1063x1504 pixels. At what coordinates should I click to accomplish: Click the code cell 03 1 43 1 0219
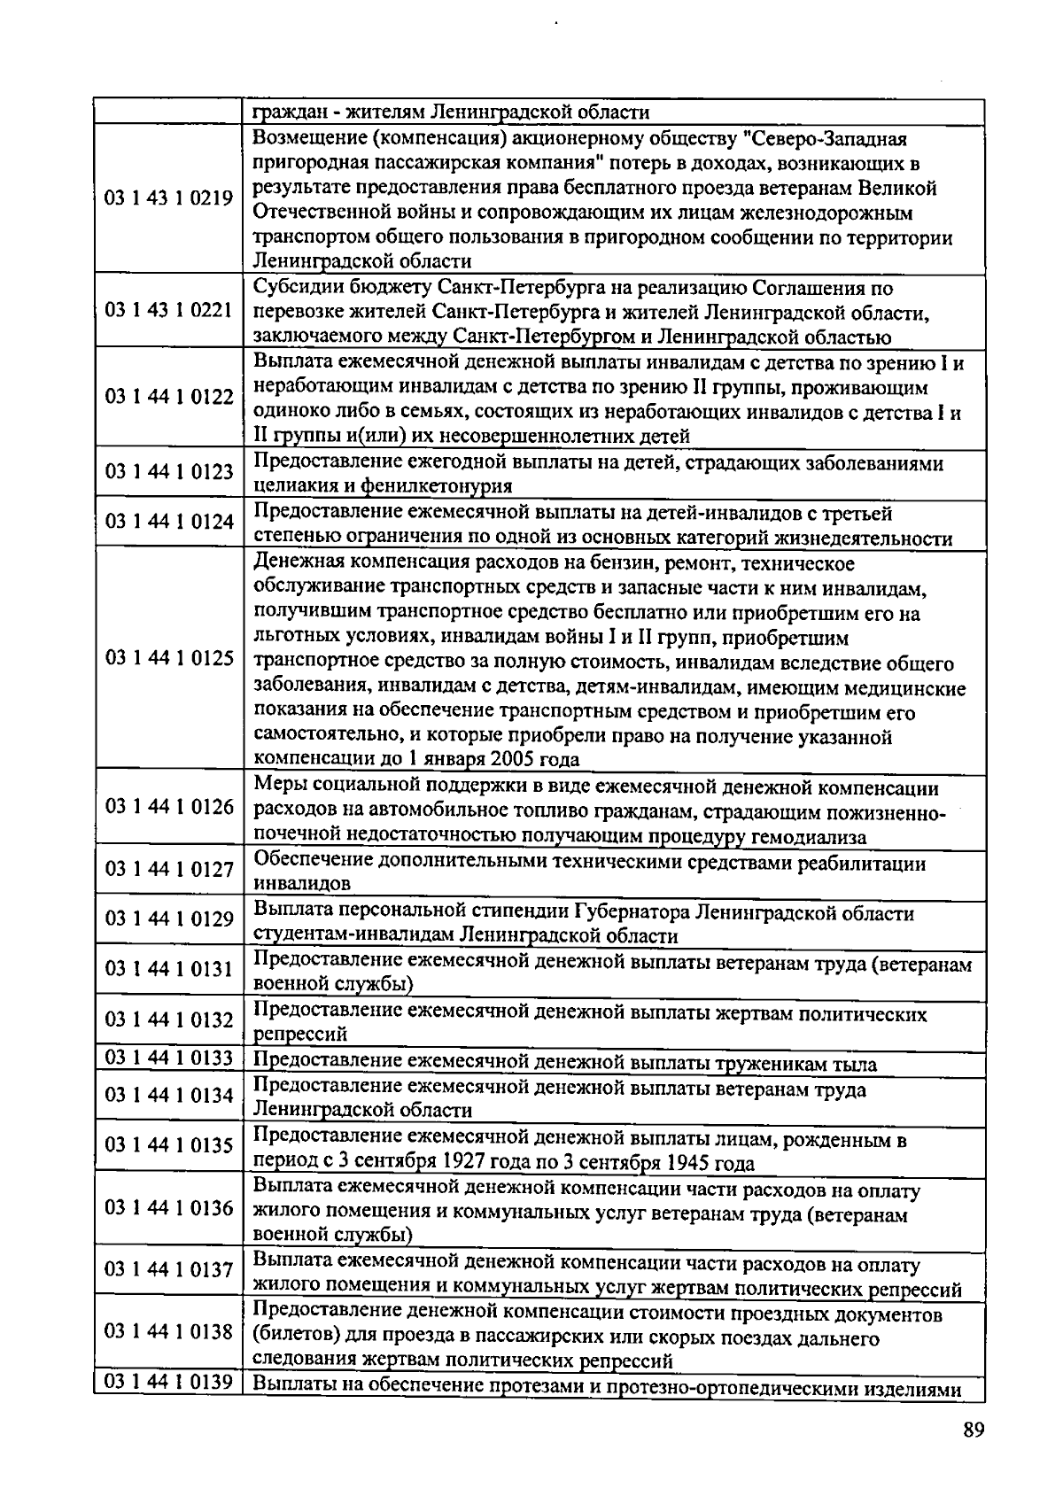click(x=169, y=198)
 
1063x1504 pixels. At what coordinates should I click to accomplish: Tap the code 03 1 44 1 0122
click(x=169, y=396)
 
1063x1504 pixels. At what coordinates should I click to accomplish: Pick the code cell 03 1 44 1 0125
click(x=169, y=658)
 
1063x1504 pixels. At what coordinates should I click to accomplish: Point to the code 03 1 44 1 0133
click(x=169, y=1058)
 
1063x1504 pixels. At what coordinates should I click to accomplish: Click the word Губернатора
click(x=632, y=912)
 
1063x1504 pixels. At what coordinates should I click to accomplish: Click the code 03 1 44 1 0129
click(x=169, y=919)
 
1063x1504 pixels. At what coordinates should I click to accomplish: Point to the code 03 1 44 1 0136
click(x=169, y=1208)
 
